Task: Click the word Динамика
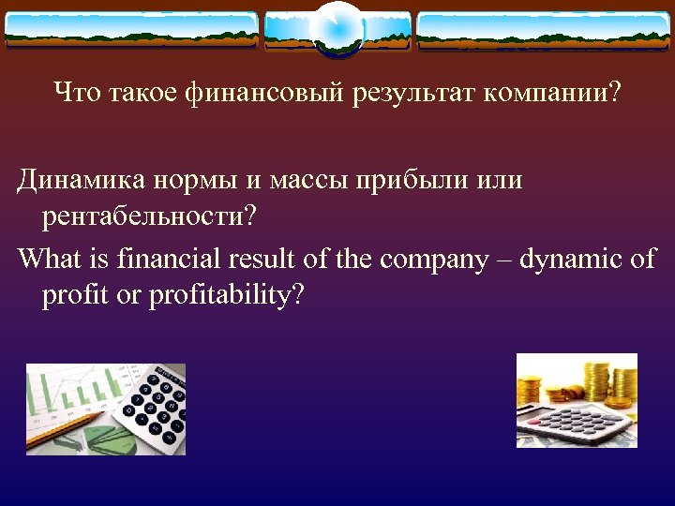tap(82, 179)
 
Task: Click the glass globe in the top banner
tap(337, 27)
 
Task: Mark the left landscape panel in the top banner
tap(132, 29)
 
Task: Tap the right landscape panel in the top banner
tap(543, 29)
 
